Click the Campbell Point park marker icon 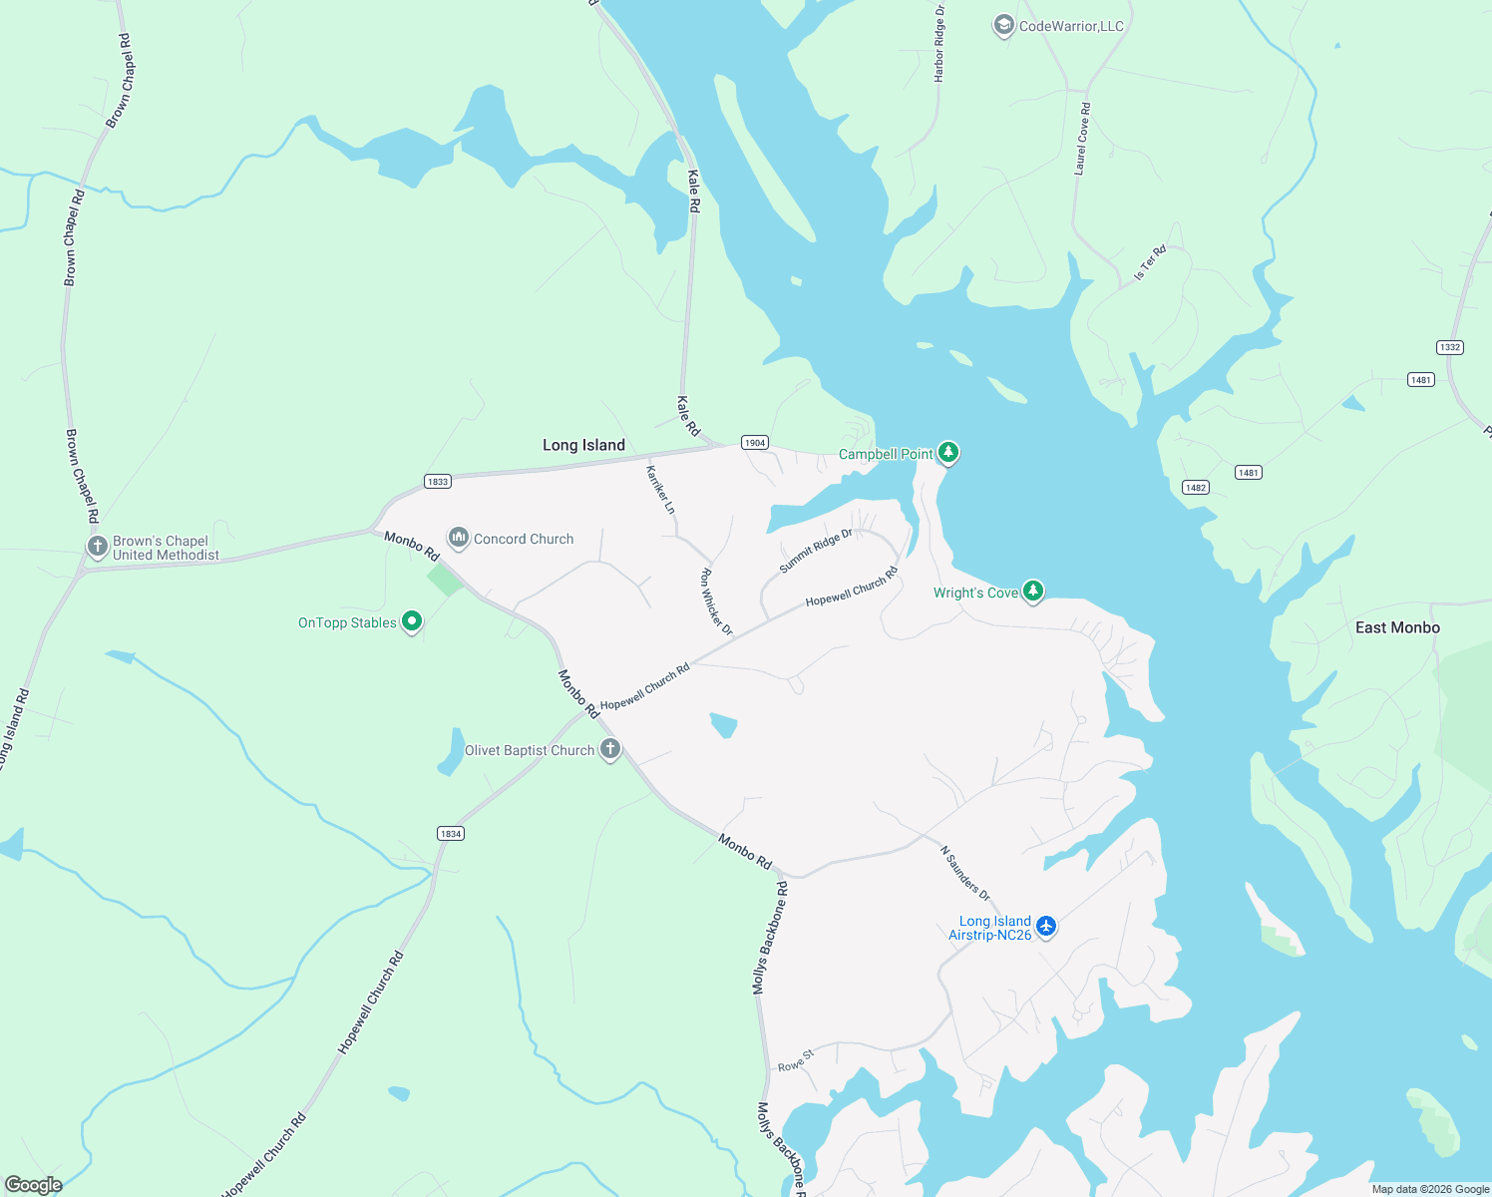point(948,453)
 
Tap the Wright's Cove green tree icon point(1033,592)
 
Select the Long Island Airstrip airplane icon point(1045,927)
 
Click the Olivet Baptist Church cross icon point(609,749)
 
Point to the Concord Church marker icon point(458,539)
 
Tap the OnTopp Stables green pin point(411,622)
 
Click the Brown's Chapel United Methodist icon point(97,547)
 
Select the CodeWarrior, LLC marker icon point(1003,26)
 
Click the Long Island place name point(583,445)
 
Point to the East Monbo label point(1397,627)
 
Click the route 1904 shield point(755,442)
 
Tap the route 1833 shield point(437,481)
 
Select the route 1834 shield point(451,833)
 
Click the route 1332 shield point(1449,347)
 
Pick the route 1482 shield point(1195,487)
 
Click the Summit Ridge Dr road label point(816,551)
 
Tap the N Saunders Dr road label point(965,874)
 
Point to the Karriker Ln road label point(660,490)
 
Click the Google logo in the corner point(34,1184)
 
